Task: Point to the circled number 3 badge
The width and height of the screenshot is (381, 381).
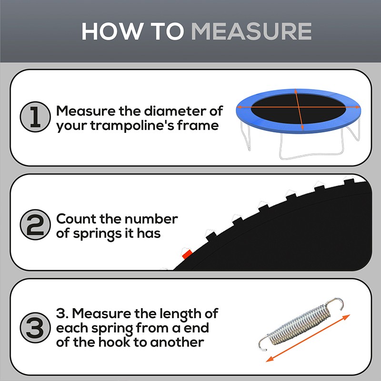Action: click(35, 329)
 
